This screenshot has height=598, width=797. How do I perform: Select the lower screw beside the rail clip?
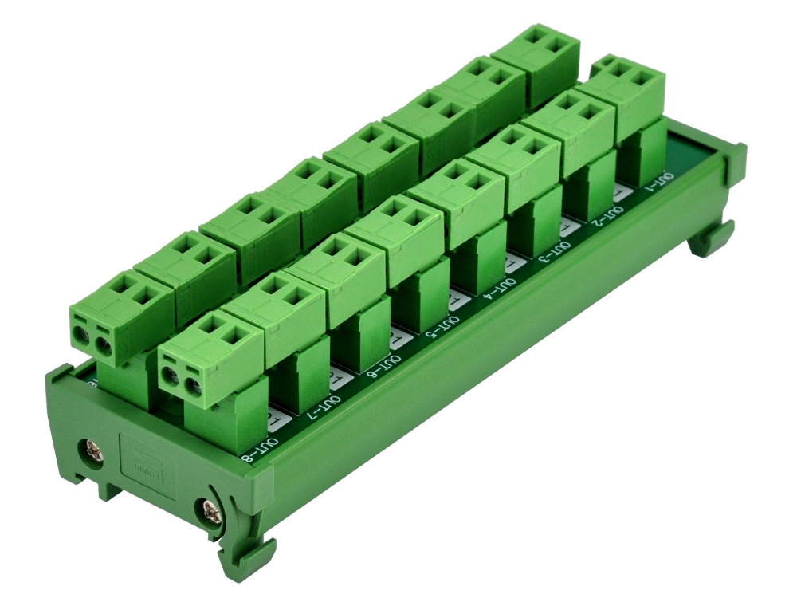pyautogui.click(x=209, y=507)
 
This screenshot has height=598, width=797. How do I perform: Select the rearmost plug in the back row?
pyautogui.click(x=535, y=56)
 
